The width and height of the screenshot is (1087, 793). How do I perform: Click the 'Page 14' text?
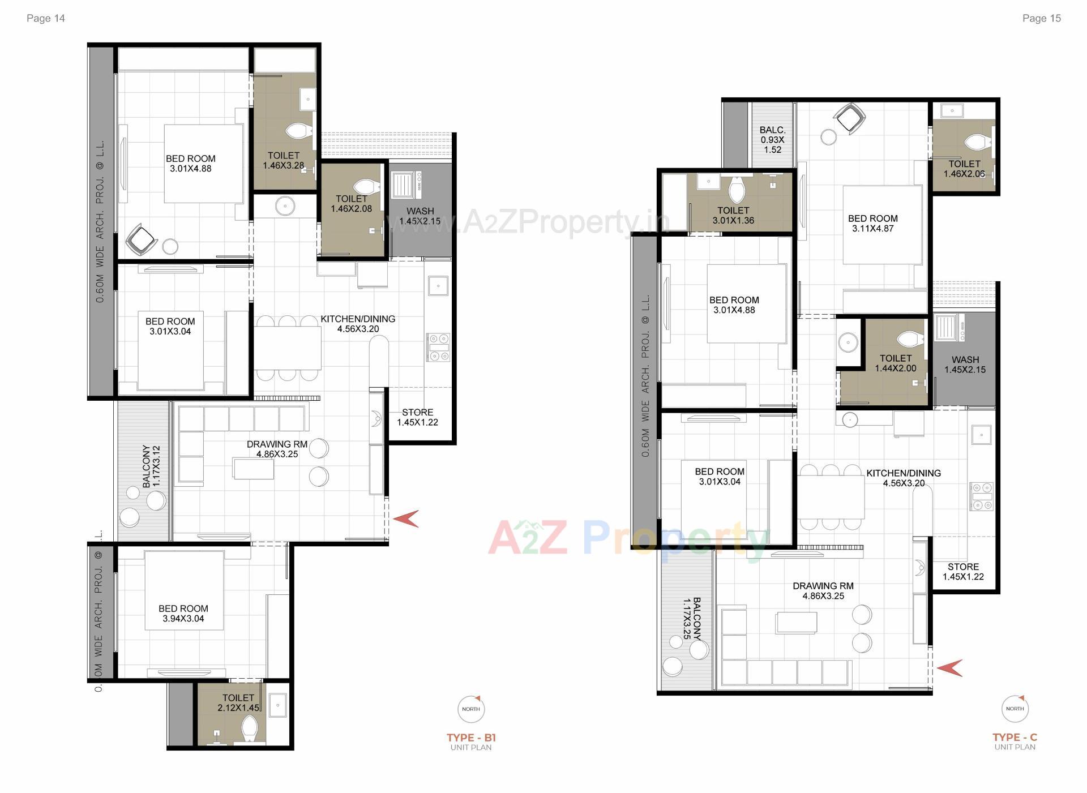45,18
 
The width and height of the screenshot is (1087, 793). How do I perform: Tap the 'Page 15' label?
1041,18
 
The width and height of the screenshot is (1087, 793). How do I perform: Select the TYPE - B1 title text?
470,738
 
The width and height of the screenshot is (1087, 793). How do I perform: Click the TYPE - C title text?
1015,737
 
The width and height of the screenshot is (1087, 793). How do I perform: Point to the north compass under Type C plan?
1015,709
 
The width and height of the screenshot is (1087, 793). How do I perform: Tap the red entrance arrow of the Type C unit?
949,668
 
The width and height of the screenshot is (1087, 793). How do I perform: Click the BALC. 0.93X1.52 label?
772,140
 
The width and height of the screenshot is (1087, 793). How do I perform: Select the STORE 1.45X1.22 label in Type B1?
417,417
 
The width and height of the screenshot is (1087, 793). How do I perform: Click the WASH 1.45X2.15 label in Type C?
965,365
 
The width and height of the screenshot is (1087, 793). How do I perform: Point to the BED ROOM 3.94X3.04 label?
183,614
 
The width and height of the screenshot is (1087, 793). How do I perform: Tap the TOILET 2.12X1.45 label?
238,703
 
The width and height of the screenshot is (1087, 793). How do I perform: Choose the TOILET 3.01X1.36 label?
733,216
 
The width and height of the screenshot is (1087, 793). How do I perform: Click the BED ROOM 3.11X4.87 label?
872,224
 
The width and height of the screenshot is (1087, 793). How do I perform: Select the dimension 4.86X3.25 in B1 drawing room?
277,454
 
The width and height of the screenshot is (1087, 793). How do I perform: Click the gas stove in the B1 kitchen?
438,347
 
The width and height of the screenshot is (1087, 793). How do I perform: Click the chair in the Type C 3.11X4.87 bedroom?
850,118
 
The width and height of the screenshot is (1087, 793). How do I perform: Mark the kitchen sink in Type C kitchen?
981,435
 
